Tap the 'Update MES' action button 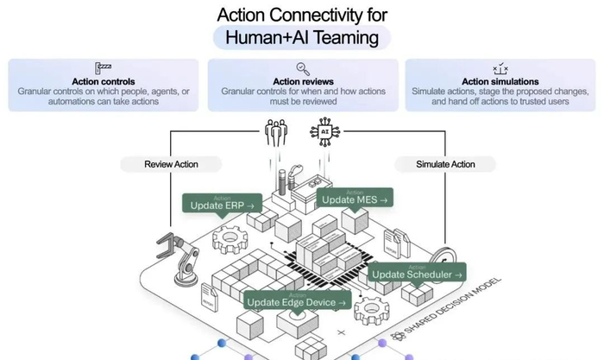click(355, 199)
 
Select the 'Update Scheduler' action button click(418, 274)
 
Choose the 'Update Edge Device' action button click(297, 301)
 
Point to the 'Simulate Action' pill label click(445, 163)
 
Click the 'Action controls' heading click(104, 81)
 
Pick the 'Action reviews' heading click(303, 81)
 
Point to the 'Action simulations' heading click(500, 81)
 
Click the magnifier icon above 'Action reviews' click(303, 67)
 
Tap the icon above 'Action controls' click(104, 67)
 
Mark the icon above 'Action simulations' click(500, 67)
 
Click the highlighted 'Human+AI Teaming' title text click(302, 38)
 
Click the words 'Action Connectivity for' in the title click(302, 14)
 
